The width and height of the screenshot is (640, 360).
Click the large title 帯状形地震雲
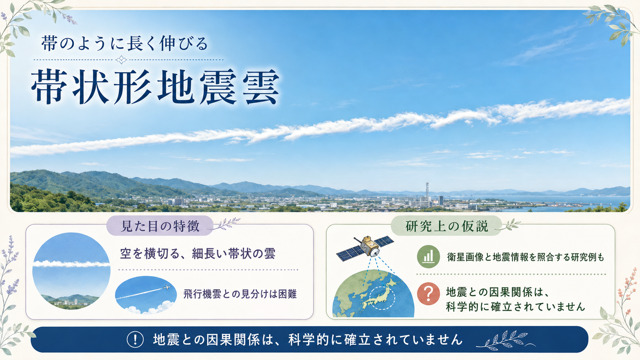point(155,87)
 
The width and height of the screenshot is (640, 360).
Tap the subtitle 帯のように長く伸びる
point(124,44)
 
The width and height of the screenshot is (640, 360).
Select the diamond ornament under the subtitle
point(121,60)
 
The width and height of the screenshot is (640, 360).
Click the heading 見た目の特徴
point(160,226)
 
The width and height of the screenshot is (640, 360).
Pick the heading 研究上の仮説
point(447,226)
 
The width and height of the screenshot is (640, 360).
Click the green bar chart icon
point(428,256)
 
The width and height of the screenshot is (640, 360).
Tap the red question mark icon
point(428,294)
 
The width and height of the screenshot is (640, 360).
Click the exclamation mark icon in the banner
point(135,339)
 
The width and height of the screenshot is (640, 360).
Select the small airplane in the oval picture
point(166,287)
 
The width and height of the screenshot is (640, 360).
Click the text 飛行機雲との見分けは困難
point(240,294)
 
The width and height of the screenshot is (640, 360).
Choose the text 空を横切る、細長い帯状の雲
point(198,253)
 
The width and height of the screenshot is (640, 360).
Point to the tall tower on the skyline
point(427,192)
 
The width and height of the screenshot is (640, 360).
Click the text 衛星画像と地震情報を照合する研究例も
point(526,257)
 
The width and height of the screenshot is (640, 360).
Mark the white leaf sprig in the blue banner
point(504,340)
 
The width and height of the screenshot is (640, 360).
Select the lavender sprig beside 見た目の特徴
point(226,223)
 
